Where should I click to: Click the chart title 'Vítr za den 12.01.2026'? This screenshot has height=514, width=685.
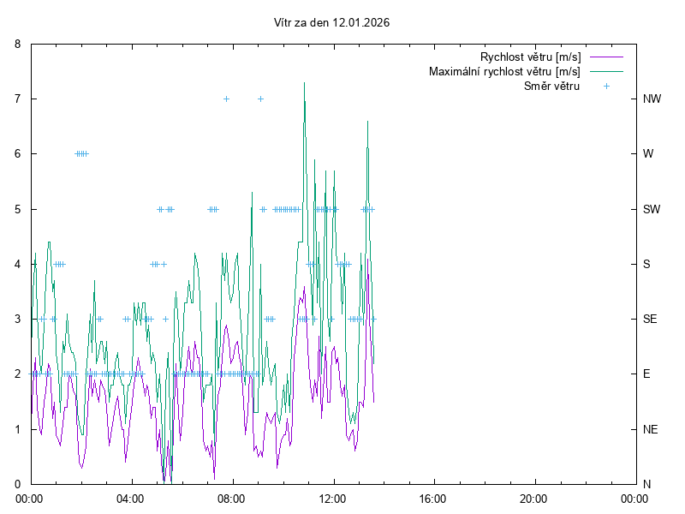329,23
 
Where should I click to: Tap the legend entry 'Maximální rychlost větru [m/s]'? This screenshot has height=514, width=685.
504,71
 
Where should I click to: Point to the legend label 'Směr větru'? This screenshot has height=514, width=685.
551,86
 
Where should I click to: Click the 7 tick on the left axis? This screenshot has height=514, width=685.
21,99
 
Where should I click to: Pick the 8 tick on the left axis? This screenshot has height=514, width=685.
21,44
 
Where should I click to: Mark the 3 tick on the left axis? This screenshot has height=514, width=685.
21,319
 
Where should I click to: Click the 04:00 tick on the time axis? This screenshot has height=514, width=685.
131,498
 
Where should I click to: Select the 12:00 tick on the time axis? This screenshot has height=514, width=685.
332,498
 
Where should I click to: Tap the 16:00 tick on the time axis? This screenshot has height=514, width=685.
433,498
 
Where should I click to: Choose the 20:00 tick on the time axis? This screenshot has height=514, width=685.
533,498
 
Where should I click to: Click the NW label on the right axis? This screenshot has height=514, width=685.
652,99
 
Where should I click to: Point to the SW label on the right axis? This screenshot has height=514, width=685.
652,209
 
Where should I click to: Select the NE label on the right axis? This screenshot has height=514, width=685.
651,429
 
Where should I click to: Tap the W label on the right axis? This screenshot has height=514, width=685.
648,154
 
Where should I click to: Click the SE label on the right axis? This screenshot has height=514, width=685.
650,319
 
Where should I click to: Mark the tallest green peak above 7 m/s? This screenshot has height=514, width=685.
304,83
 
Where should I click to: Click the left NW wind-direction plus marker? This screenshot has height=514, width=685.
226,99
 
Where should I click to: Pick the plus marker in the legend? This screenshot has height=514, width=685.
605,86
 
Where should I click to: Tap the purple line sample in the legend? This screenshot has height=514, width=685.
605,57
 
